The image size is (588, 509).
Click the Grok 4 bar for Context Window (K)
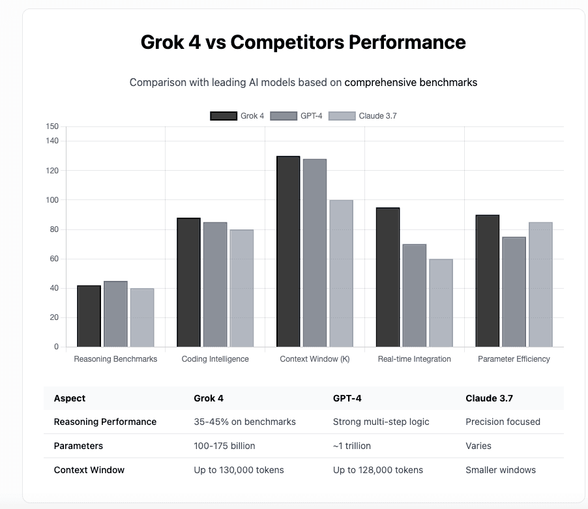[x=288, y=252]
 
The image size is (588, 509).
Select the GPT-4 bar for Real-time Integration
[x=415, y=295]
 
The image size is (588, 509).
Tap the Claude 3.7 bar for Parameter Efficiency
[x=540, y=284]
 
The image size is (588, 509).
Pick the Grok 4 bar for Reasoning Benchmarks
[x=89, y=316]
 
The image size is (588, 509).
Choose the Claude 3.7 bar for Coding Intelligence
[x=241, y=288]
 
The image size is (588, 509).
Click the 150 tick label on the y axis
[x=53, y=126]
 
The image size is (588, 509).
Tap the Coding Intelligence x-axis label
[x=214, y=359]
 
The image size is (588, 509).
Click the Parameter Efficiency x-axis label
[x=514, y=359]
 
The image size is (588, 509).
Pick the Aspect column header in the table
[x=70, y=398]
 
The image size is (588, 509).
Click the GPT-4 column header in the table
[x=347, y=398]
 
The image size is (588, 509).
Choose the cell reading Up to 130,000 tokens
[x=239, y=470]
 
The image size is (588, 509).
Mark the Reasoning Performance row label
[x=105, y=422]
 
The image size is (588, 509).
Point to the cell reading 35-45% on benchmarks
[x=244, y=422]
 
